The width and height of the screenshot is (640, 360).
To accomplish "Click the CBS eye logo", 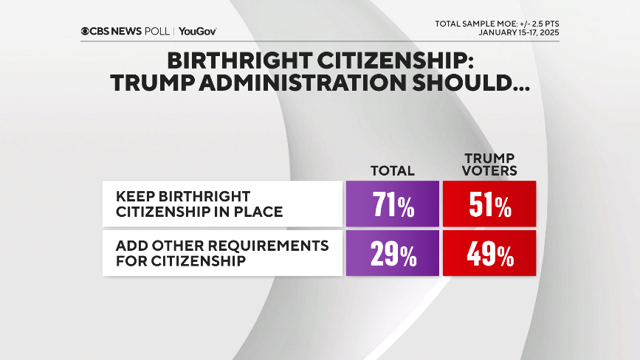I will pyautogui.click(x=86, y=31).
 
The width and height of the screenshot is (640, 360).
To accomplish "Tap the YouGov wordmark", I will pyautogui.click(x=197, y=31).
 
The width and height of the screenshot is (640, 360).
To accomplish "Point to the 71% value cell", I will pyautogui.click(x=392, y=203).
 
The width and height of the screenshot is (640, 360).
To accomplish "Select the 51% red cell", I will pyautogui.click(x=489, y=203).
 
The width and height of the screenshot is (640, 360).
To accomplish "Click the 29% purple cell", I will pyautogui.click(x=392, y=254).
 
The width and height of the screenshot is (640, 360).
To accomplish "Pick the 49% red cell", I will pyautogui.click(x=489, y=254).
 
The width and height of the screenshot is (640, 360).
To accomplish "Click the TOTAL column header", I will pyautogui.click(x=392, y=171).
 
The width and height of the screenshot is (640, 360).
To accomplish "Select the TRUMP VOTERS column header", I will pyautogui.click(x=489, y=165).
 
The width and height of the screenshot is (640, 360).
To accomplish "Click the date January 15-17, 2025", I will pyautogui.click(x=518, y=32).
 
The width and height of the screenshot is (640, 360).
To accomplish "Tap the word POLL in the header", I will pyautogui.click(x=157, y=31).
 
